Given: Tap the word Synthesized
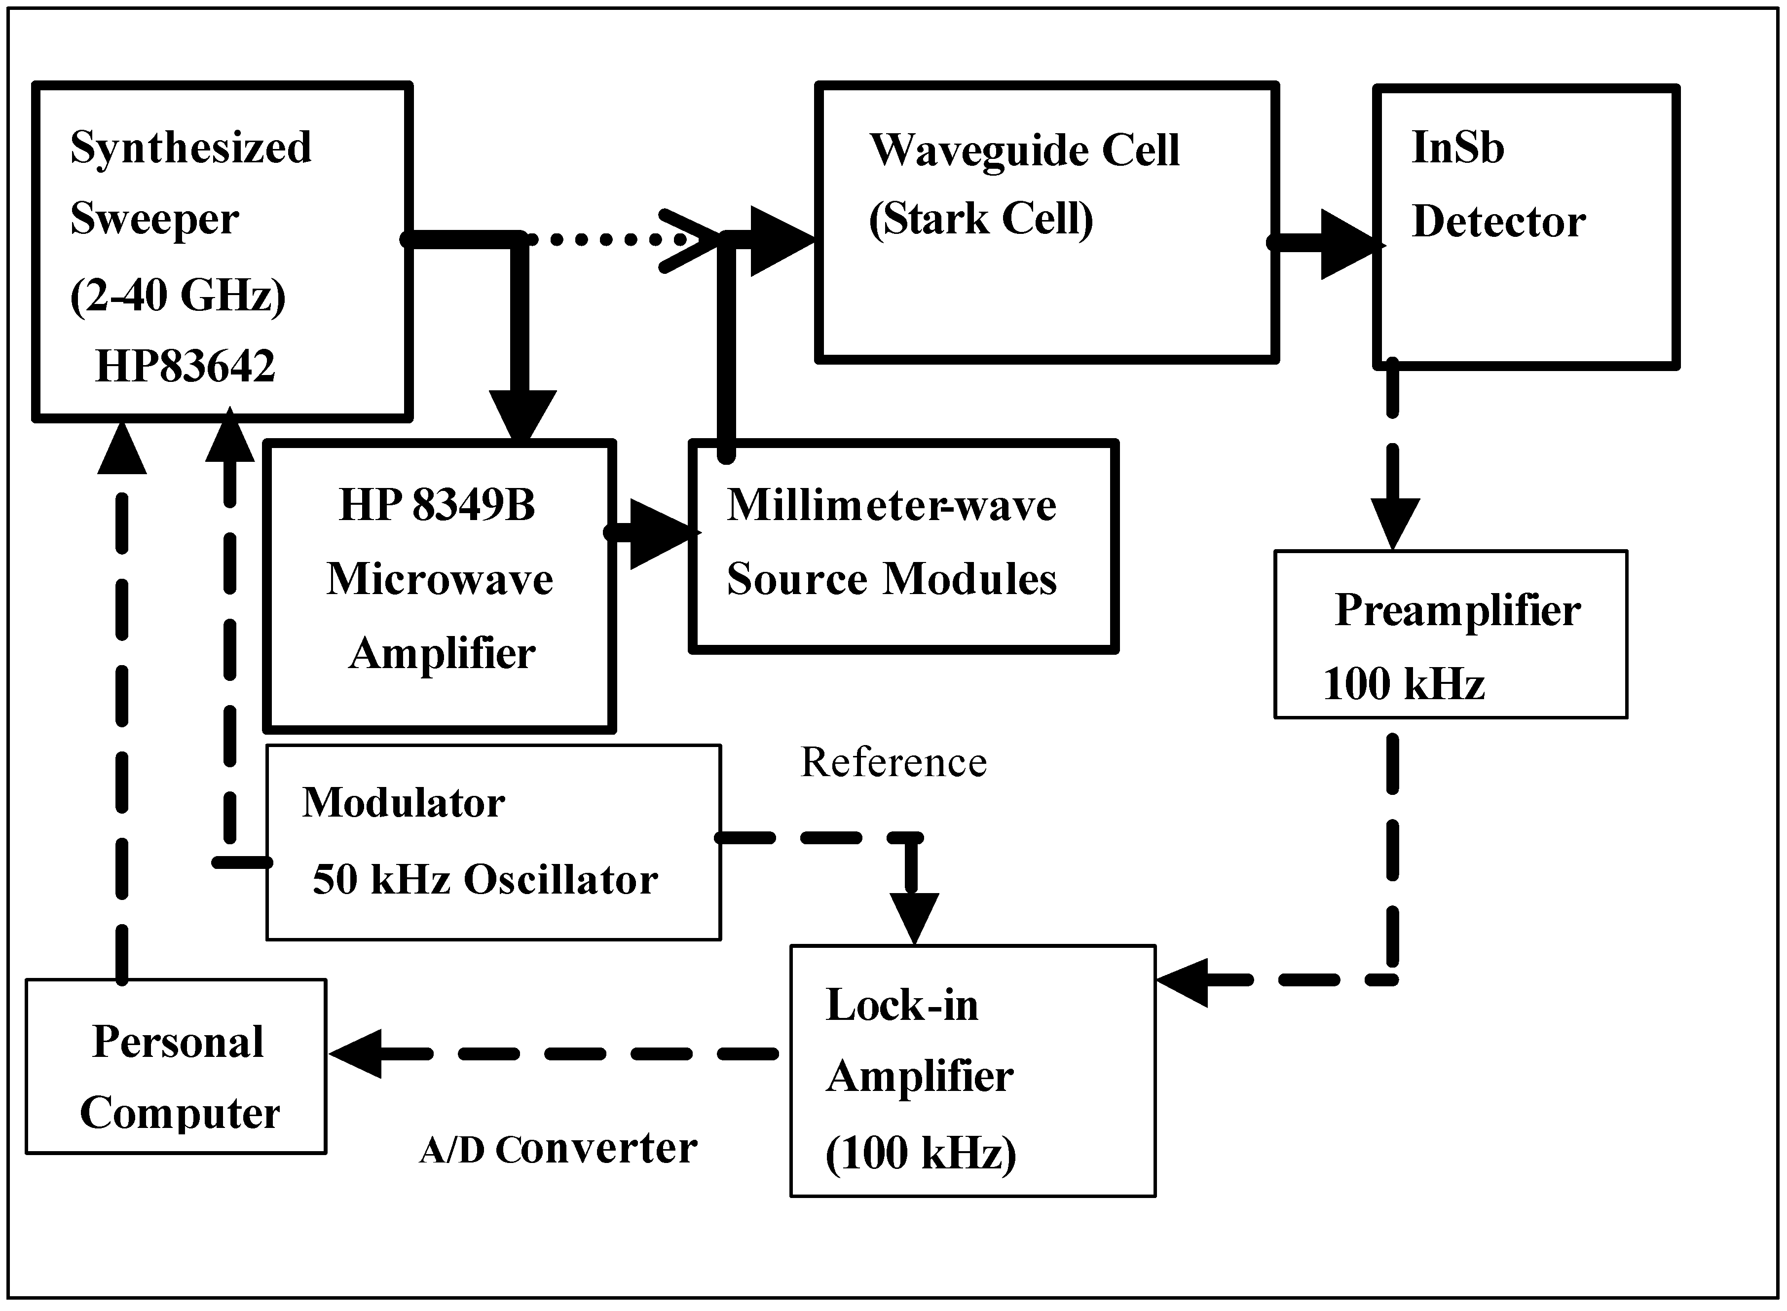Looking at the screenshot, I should (x=190, y=148).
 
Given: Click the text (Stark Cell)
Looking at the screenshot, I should (x=981, y=219).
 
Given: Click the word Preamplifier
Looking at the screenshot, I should (x=1457, y=611).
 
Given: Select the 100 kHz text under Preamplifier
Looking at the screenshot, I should (x=1403, y=684).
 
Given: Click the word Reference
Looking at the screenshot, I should (x=893, y=763).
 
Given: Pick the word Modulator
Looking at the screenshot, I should (x=403, y=803).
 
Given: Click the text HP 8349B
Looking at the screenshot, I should (x=437, y=506).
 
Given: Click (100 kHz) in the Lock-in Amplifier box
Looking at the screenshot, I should (x=921, y=1153).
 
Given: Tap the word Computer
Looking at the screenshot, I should (x=179, y=1113).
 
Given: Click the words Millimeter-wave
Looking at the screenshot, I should (x=891, y=506).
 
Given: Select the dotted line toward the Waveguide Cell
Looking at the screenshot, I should (x=603, y=238).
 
